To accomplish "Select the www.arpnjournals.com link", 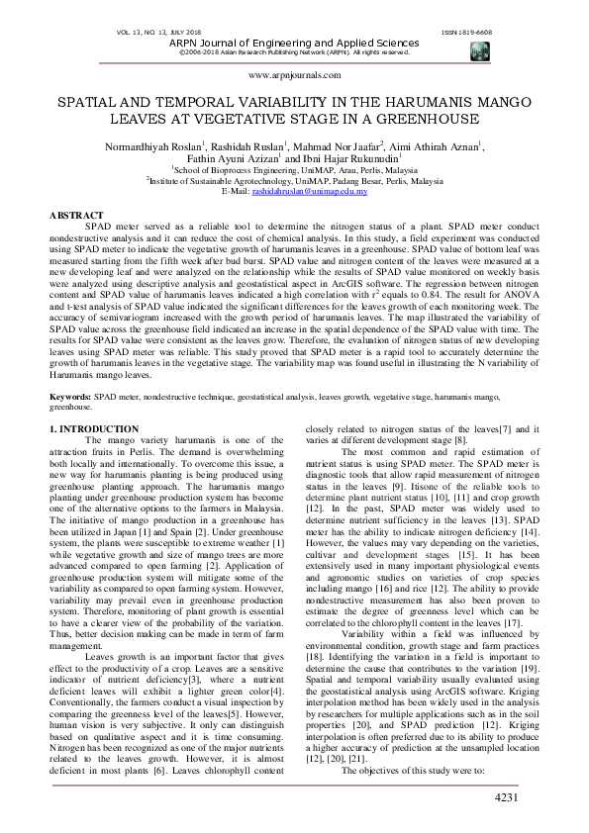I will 294,75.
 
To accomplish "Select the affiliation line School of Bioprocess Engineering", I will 295,170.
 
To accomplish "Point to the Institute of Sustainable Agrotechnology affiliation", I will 295,181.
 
